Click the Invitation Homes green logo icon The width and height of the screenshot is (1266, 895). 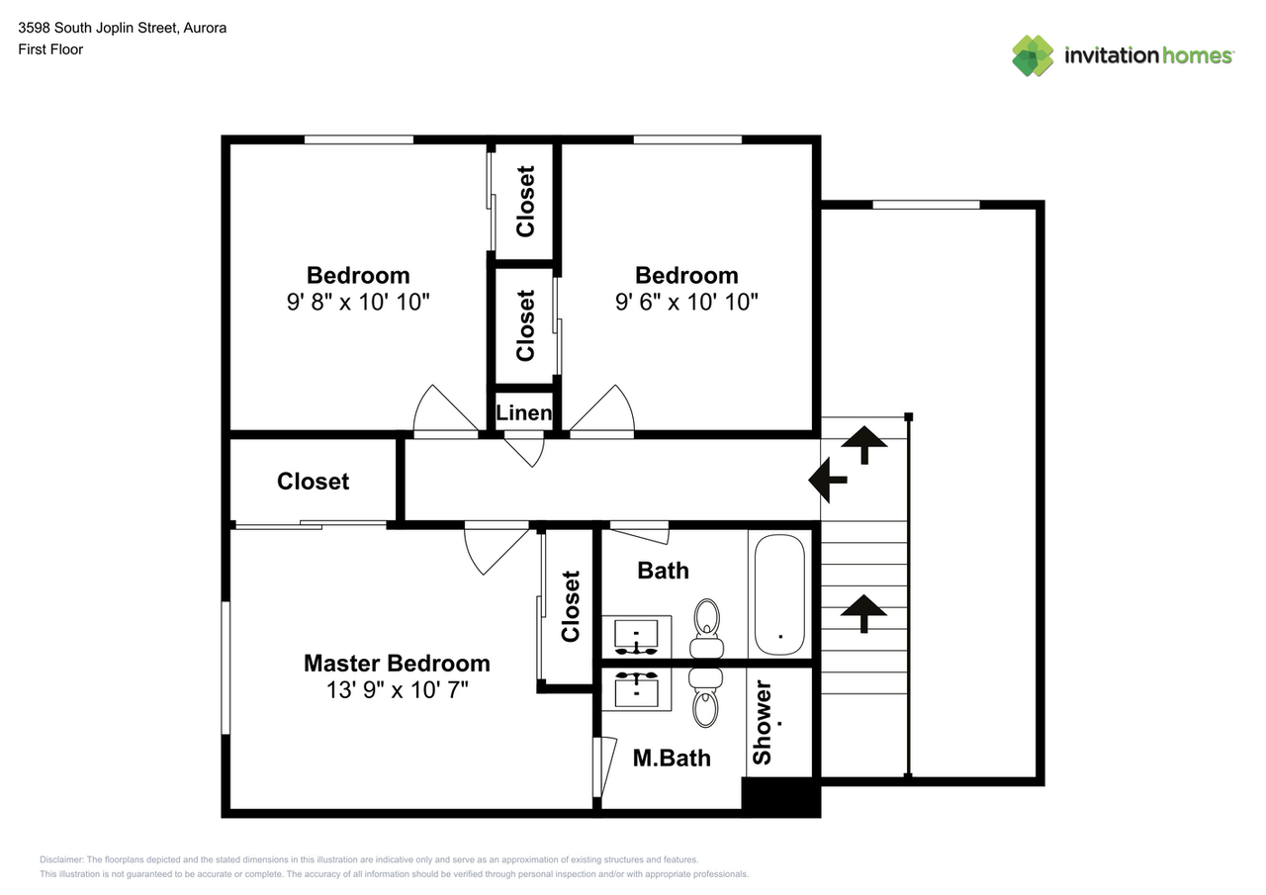(1033, 56)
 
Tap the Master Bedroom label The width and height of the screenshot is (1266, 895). (397, 664)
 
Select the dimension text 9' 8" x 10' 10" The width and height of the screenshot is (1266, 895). (358, 302)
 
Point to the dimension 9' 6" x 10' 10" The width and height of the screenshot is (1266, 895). (686, 302)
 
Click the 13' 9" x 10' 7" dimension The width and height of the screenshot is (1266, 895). (398, 690)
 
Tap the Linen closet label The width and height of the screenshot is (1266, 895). (524, 413)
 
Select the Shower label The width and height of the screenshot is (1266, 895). (763, 722)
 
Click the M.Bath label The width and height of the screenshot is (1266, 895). (672, 759)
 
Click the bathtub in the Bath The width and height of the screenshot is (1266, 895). (779, 594)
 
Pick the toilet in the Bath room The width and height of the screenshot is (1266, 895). (706, 628)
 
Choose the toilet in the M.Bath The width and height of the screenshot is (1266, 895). (706, 698)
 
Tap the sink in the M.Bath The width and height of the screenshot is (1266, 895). (636, 688)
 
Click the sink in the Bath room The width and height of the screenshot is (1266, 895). (636, 637)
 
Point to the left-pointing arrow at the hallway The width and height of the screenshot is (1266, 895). (828, 481)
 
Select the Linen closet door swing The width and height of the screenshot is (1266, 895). (524, 449)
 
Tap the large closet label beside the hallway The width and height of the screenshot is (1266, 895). (313, 482)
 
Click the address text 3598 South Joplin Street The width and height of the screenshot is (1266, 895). (98, 28)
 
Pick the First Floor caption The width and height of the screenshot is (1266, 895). (50, 49)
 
